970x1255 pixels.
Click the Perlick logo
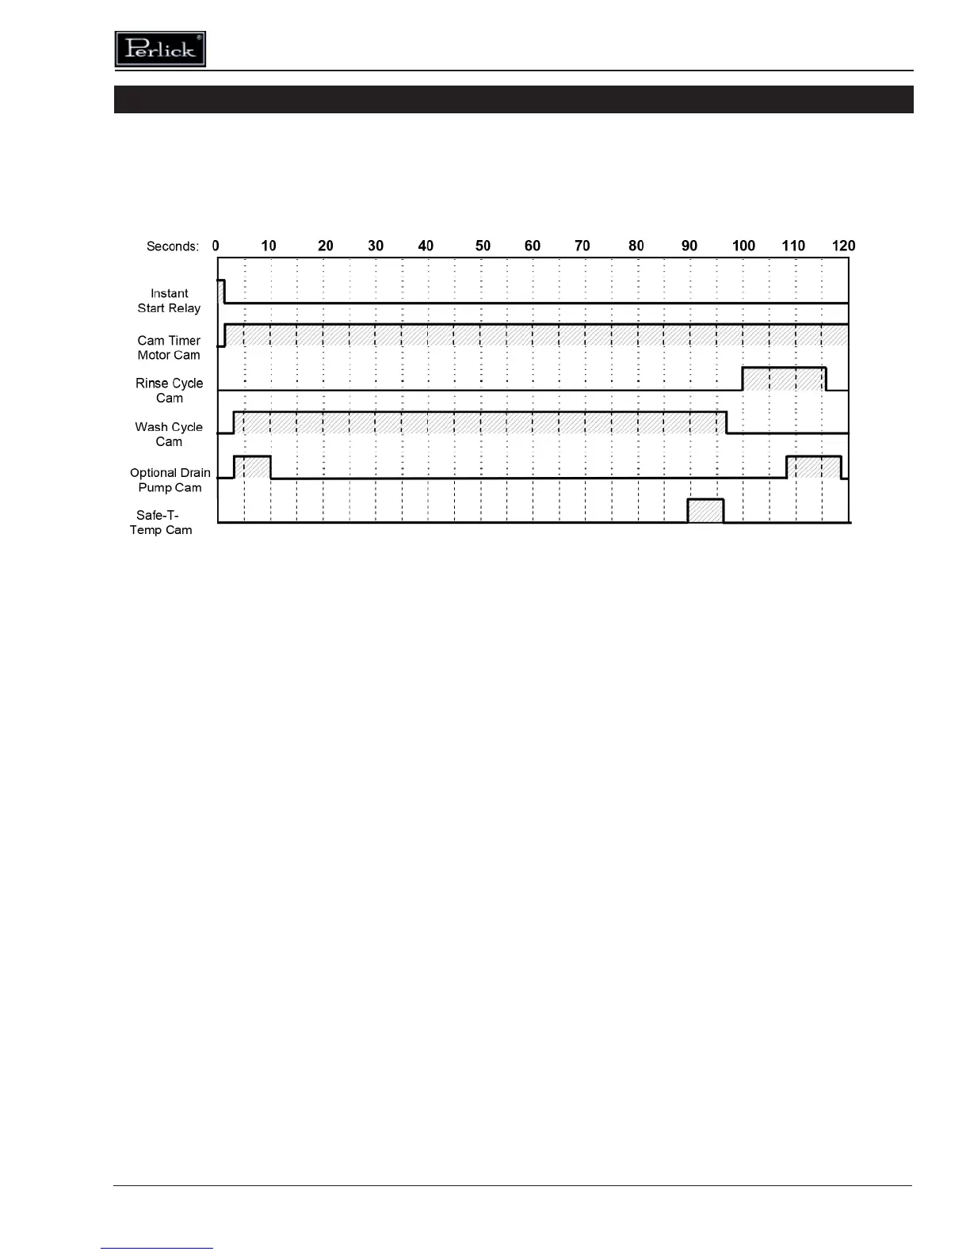(x=160, y=49)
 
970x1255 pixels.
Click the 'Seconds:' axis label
(x=173, y=246)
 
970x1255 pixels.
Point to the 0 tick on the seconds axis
(x=216, y=246)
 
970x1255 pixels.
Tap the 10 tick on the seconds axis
(x=269, y=246)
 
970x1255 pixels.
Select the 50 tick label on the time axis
(x=483, y=246)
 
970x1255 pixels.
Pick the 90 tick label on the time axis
(x=689, y=246)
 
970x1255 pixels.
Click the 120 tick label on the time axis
(x=843, y=246)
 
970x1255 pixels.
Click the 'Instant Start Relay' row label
(x=169, y=301)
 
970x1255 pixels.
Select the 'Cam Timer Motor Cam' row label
(x=169, y=348)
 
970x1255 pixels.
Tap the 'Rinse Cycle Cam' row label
(x=169, y=391)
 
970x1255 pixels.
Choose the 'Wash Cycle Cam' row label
(x=169, y=434)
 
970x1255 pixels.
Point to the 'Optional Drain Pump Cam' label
(x=170, y=480)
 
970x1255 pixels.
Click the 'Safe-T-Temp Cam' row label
(x=161, y=523)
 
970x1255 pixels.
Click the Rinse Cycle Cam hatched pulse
(x=784, y=380)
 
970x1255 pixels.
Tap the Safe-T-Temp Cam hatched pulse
(x=705, y=511)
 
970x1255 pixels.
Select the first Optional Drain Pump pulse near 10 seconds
(x=252, y=467)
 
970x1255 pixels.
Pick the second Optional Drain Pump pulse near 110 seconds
(x=813, y=467)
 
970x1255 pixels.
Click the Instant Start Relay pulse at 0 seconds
(x=221, y=291)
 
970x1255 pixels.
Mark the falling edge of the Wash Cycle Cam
(x=727, y=422)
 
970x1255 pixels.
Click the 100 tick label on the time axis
(x=743, y=246)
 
